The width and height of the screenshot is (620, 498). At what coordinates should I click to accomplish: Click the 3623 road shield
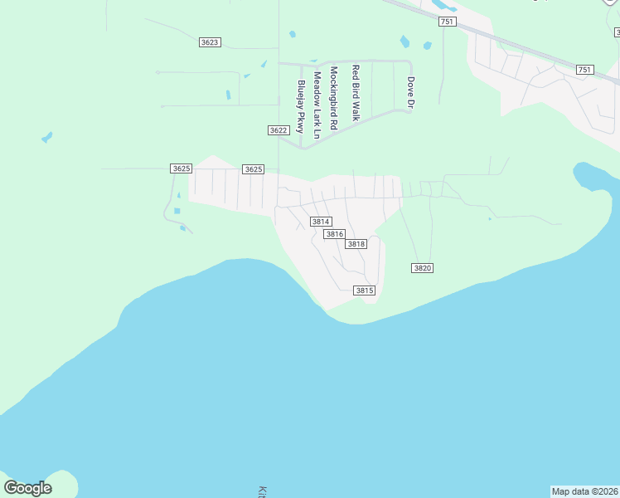click(210, 42)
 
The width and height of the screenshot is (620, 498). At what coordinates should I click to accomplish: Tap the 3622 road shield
click(279, 130)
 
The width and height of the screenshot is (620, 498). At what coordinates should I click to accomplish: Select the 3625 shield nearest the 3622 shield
click(253, 169)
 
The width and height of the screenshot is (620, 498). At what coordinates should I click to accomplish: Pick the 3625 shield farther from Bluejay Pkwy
click(181, 168)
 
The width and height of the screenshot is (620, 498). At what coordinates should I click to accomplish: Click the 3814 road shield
click(321, 222)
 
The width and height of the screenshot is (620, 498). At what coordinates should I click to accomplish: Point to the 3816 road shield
click(334, 234)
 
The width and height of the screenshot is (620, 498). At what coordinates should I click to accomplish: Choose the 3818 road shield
click(356, 244)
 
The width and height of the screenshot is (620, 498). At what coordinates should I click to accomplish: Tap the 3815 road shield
click(365, 290)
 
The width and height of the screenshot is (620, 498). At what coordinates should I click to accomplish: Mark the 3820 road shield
click(422, 267)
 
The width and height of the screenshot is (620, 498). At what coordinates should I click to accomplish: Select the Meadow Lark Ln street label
click(317, 104)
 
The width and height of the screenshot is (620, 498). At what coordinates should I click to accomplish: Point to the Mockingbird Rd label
click(333, 97)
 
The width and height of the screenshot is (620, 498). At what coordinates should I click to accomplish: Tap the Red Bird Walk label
click(356, 93)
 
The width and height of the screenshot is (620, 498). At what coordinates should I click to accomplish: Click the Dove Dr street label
click(409, 92)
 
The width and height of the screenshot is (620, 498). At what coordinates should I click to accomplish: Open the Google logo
click(27, 488)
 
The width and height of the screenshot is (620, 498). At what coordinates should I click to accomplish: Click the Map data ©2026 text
click(585, 491)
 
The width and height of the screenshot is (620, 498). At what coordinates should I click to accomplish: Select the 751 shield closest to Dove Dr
click(447, 22)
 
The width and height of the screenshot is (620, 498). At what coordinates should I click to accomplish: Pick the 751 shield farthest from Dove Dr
click(584, 70)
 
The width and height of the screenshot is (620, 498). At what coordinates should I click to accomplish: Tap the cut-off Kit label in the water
click(263, 491)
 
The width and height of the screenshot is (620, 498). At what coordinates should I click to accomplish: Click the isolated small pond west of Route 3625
click(46, 136)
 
